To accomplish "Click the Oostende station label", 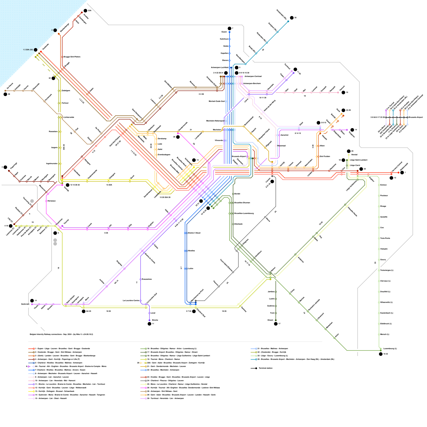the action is (x=46, y=47).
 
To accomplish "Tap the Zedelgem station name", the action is (x=66, y=90).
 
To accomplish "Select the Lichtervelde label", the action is (x=69, y=117).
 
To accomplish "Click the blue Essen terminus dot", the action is (x=230, y=32).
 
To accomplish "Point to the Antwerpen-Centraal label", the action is (x=253, y=76).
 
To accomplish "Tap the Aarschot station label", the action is (x=284, y=135).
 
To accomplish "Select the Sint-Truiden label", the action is (x=325, y=156).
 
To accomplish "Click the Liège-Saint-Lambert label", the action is (x=359, y=160).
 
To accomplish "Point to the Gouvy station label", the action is (x=383, y=260).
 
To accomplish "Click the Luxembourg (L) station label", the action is (x=390, y=349).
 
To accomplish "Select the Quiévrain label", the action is (x=25, y=304).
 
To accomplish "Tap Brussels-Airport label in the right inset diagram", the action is (x=416, y=117).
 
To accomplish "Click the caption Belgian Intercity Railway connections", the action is (x=61, y=334).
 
